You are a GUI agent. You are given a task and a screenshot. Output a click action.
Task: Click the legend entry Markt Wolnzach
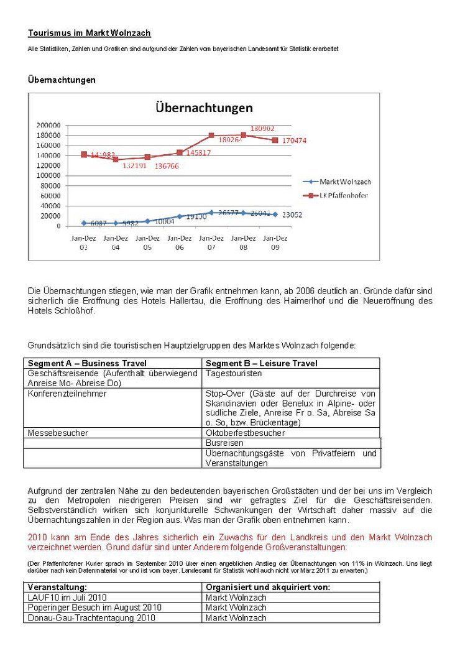[x=345, y=182]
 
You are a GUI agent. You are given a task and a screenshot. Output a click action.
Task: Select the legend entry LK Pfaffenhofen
[x=344, y=195]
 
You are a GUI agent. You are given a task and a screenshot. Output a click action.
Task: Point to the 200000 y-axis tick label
[x=47, y=125]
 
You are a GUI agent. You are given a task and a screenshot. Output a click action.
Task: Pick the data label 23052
[x=295, y=215]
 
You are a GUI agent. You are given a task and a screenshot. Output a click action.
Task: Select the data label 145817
[x=193, y=152]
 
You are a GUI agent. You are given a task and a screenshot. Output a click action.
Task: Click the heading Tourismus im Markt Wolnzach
[x=89, y=33]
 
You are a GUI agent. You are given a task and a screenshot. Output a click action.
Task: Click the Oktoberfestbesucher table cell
[x=245, y=433]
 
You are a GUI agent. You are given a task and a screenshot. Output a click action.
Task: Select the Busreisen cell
[x=224, y=443]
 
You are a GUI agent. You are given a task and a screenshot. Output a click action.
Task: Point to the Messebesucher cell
[x=58, y=433]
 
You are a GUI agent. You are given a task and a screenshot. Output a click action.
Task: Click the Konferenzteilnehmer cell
[x=67, y=394]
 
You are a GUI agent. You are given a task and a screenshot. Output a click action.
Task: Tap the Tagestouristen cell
[x=234, y=374]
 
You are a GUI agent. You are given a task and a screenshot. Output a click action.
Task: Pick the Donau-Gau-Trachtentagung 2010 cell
[x=91, y=617]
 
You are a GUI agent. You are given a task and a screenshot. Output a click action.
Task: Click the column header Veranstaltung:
[x=57, y=587]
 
